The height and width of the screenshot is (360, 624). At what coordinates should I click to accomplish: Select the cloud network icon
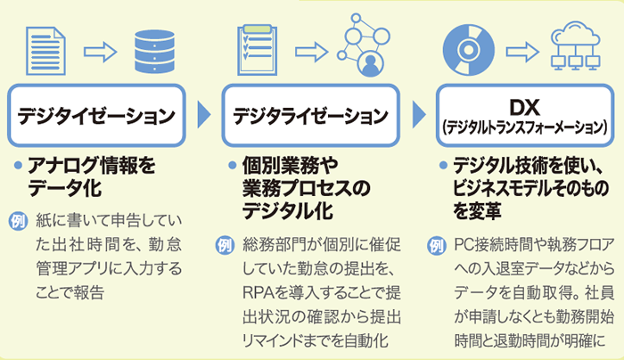pos(574,46)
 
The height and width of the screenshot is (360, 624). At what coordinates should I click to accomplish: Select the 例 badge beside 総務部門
pos(225,243)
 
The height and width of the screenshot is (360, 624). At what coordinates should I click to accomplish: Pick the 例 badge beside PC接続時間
pos(435,243)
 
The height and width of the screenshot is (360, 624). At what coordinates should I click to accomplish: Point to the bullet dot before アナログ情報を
pos(21,167)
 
